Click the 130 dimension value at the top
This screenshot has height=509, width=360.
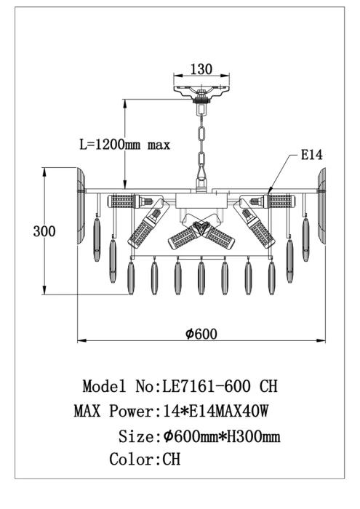tap(201, 69)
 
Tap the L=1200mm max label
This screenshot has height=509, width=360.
tap(125, 145)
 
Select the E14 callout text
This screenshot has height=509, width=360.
tap(311, 154)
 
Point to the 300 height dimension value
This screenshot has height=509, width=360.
tap(44, 231)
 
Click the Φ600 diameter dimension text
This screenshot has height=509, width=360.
tap(201, 334)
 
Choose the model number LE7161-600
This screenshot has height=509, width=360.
tap(207, 386)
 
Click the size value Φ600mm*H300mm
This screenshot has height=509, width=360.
tap(222, 436)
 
